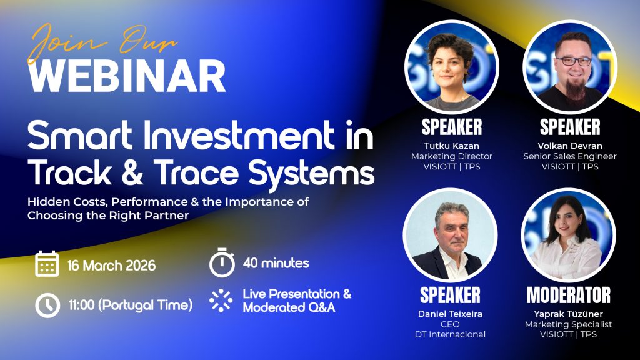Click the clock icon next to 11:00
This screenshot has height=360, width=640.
tap(47, 305)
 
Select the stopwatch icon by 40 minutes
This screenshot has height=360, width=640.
tap(222, 261)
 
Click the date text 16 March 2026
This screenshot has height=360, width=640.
tap(112, 265)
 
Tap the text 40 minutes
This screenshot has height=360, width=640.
tap(276, 263)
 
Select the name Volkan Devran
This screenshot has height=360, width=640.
tap(569, 146)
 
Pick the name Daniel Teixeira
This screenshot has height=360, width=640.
tap(450, 314)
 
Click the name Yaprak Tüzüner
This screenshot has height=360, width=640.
tap(568, 314)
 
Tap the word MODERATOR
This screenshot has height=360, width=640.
tap(568, 295)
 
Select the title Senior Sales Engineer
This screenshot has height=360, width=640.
tap(569, 156)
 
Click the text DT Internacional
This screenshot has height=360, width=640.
tap(450, 334)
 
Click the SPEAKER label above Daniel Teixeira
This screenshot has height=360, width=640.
tap(450, 295)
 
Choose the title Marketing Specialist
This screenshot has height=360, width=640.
tap(568, 324)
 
